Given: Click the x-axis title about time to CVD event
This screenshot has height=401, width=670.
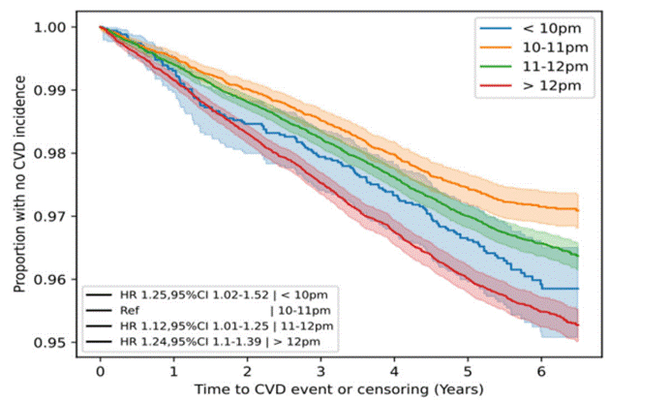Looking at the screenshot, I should [x=322, y=389].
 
